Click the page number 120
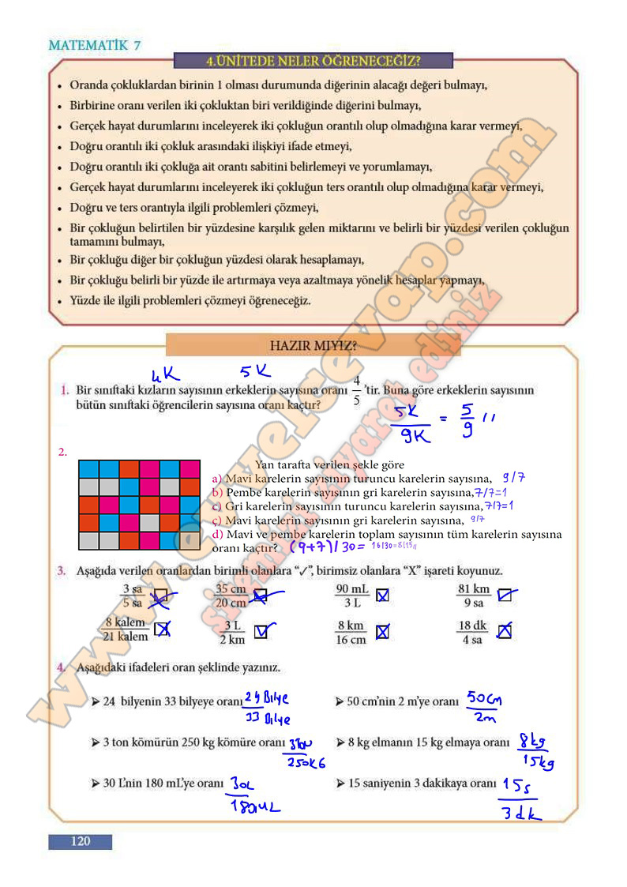pos(80,841)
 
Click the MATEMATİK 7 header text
pos(95,45)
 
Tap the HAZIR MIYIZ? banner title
pos(313,345)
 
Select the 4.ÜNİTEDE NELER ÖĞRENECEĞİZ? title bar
pos(313,61)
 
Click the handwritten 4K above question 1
pos(167,372)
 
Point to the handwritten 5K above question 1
pos(255,370)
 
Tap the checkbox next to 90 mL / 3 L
pos(382,596)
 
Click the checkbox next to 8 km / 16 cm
pos(382,632)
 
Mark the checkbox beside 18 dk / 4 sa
pos(505,631)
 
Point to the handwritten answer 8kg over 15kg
pos(535,750)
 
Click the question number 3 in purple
pos(61,570)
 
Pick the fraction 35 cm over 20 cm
pos(231,596)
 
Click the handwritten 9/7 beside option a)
pos(513,478)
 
